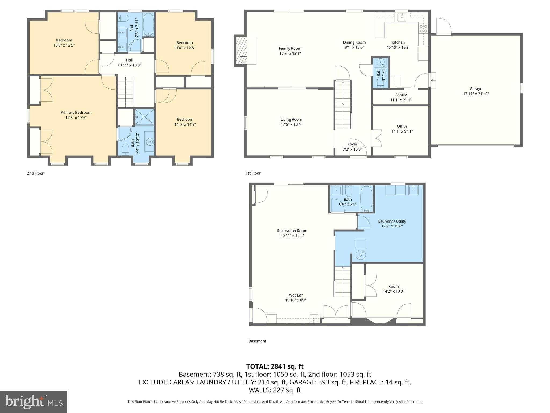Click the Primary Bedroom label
point(76,112)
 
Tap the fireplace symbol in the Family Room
point(241,51)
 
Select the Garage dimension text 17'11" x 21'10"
point(476,94)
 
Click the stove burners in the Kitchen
point(423,29)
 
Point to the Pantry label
point(401,95)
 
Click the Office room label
point(402,126)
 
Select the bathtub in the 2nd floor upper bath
point(148,25)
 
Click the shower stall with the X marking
point(144,117)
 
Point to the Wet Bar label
point(296,295)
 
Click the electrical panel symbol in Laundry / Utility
point(360,255)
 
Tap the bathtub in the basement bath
point(366,198)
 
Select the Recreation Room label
point(292,231)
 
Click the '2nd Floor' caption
point(35,173)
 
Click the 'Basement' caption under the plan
point(257,341)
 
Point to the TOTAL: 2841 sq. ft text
point(275,366)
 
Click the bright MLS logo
point(34,402)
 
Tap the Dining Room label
point(354,42)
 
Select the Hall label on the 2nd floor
point(129,60)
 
